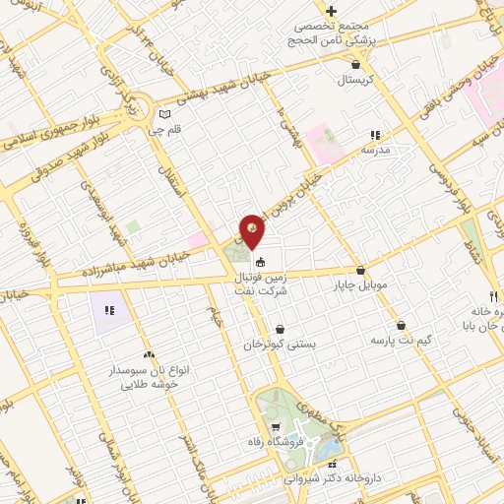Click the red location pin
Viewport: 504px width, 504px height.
(253, 231)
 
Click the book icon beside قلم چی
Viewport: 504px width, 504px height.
(178, 115)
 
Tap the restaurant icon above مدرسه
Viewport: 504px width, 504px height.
(374, 135)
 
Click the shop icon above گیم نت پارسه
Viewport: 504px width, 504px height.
(401, 325)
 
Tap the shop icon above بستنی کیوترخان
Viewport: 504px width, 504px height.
(281, 330)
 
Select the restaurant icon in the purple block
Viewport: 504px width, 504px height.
(110, 310)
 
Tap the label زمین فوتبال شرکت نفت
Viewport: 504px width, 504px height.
(262, 285)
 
